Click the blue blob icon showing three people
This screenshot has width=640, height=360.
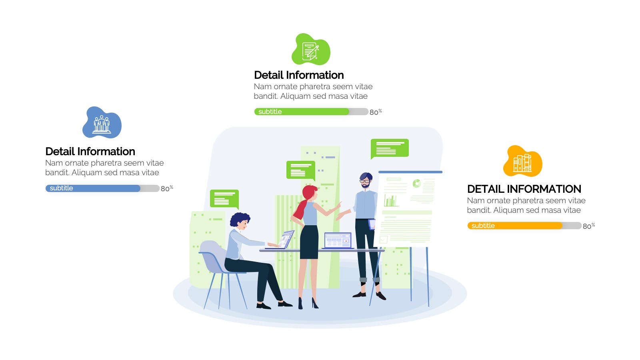(102, 122)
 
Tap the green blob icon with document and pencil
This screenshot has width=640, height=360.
(311, 50)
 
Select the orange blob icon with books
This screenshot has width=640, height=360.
(522, 161)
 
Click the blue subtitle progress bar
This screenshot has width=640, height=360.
(102, 188)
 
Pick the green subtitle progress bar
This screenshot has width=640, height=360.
(311, 112)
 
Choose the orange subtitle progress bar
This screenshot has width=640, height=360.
(524, 226)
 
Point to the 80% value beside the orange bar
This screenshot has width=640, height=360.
(589, 226)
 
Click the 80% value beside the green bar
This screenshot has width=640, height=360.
(376, 112)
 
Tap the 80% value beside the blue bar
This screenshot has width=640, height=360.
(167, 188)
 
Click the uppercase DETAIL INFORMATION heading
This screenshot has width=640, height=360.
(524, 189)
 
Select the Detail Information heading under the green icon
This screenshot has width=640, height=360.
(299, 75)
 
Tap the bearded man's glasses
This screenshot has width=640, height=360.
(364, 181)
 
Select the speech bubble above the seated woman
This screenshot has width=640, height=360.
(224, 199)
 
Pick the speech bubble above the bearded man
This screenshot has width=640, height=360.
(390, 148)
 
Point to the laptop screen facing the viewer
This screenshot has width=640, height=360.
(338, 240)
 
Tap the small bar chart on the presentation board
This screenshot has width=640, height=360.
(390, 200)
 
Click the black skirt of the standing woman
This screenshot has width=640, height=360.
(309, 242)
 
